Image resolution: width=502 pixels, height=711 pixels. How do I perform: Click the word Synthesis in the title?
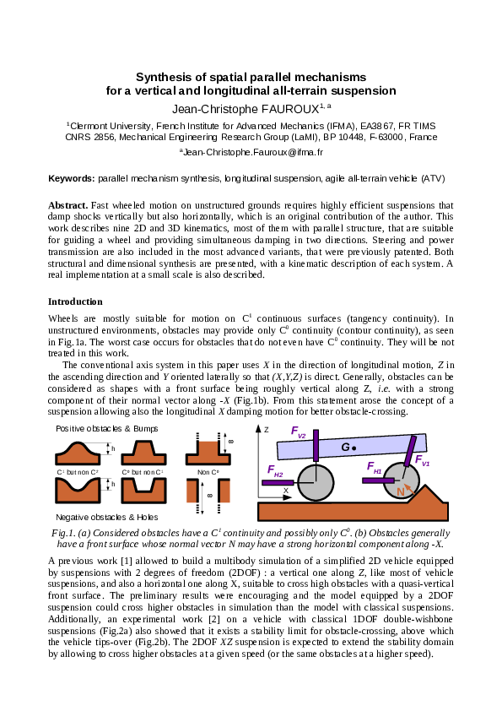tap(164, 76)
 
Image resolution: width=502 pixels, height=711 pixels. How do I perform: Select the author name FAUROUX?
tap(283, 108)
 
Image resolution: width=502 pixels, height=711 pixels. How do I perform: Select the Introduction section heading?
tap(75, 301)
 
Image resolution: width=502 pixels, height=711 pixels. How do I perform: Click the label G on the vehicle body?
tap(346, 445)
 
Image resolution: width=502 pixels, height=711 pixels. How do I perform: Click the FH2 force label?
tap(275, 470)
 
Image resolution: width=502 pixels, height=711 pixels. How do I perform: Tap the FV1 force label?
tap(422, 460)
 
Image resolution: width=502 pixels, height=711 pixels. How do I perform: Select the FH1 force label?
tap(374, 467)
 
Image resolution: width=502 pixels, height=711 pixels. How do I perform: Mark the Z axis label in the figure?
tap(266, 430)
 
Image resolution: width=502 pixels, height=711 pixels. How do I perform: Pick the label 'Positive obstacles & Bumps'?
tap(94, 429)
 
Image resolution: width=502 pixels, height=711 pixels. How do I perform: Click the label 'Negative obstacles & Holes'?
tap(96, 516)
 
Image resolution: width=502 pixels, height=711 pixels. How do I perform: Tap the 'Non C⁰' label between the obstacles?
tap(208, 471)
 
